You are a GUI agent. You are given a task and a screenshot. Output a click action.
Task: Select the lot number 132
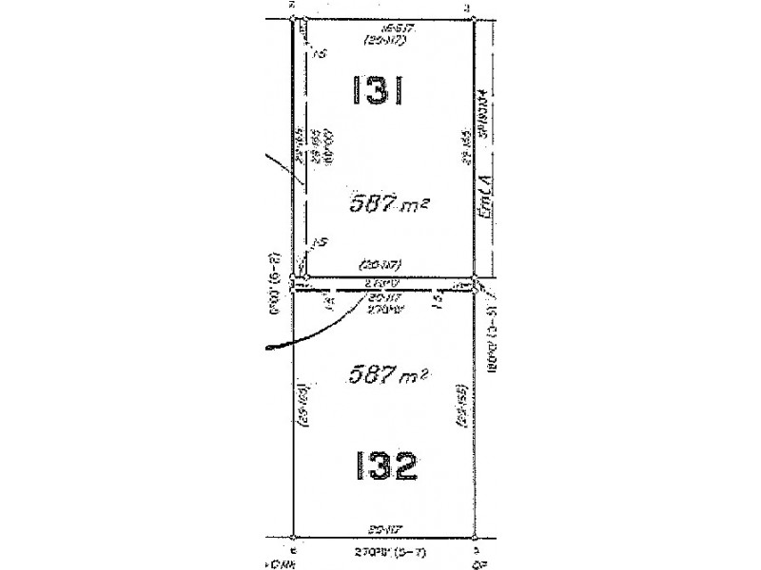(380, 466)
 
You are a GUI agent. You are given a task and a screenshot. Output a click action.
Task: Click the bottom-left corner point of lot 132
(293, 539)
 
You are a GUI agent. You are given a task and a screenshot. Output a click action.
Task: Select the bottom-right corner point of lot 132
(473, 539)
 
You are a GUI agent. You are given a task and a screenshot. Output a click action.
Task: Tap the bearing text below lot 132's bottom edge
(380, 550)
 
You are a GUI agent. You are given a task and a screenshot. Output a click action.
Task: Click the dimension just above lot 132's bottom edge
(380, 527)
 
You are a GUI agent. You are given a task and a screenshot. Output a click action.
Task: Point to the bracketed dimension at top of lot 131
(380, 39)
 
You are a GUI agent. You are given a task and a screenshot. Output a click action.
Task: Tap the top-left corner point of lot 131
(293, 18)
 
